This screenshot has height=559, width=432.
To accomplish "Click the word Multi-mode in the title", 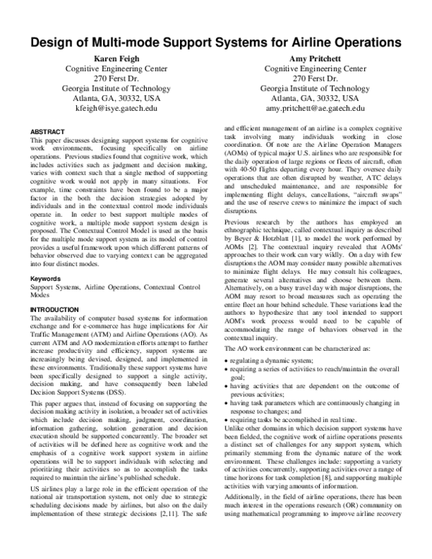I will (142, 43).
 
